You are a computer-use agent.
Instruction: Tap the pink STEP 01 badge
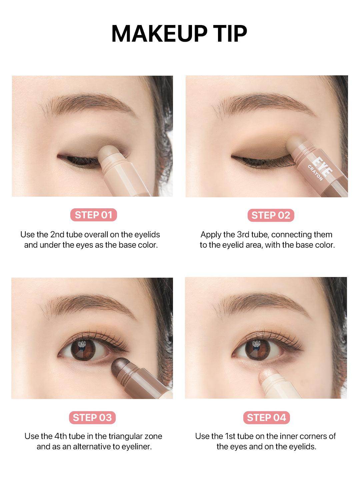(x=94, y=215)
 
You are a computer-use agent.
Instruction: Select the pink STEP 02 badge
(x=271, y=215)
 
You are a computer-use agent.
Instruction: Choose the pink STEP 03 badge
(x=92, y=417)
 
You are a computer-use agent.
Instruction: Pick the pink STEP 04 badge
(x=266, y=417)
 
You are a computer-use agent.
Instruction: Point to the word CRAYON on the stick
(x=315, y=173)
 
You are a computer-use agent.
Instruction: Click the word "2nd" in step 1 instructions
(x=57, y=235)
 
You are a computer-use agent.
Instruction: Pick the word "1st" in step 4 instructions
(x=230, y=436)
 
